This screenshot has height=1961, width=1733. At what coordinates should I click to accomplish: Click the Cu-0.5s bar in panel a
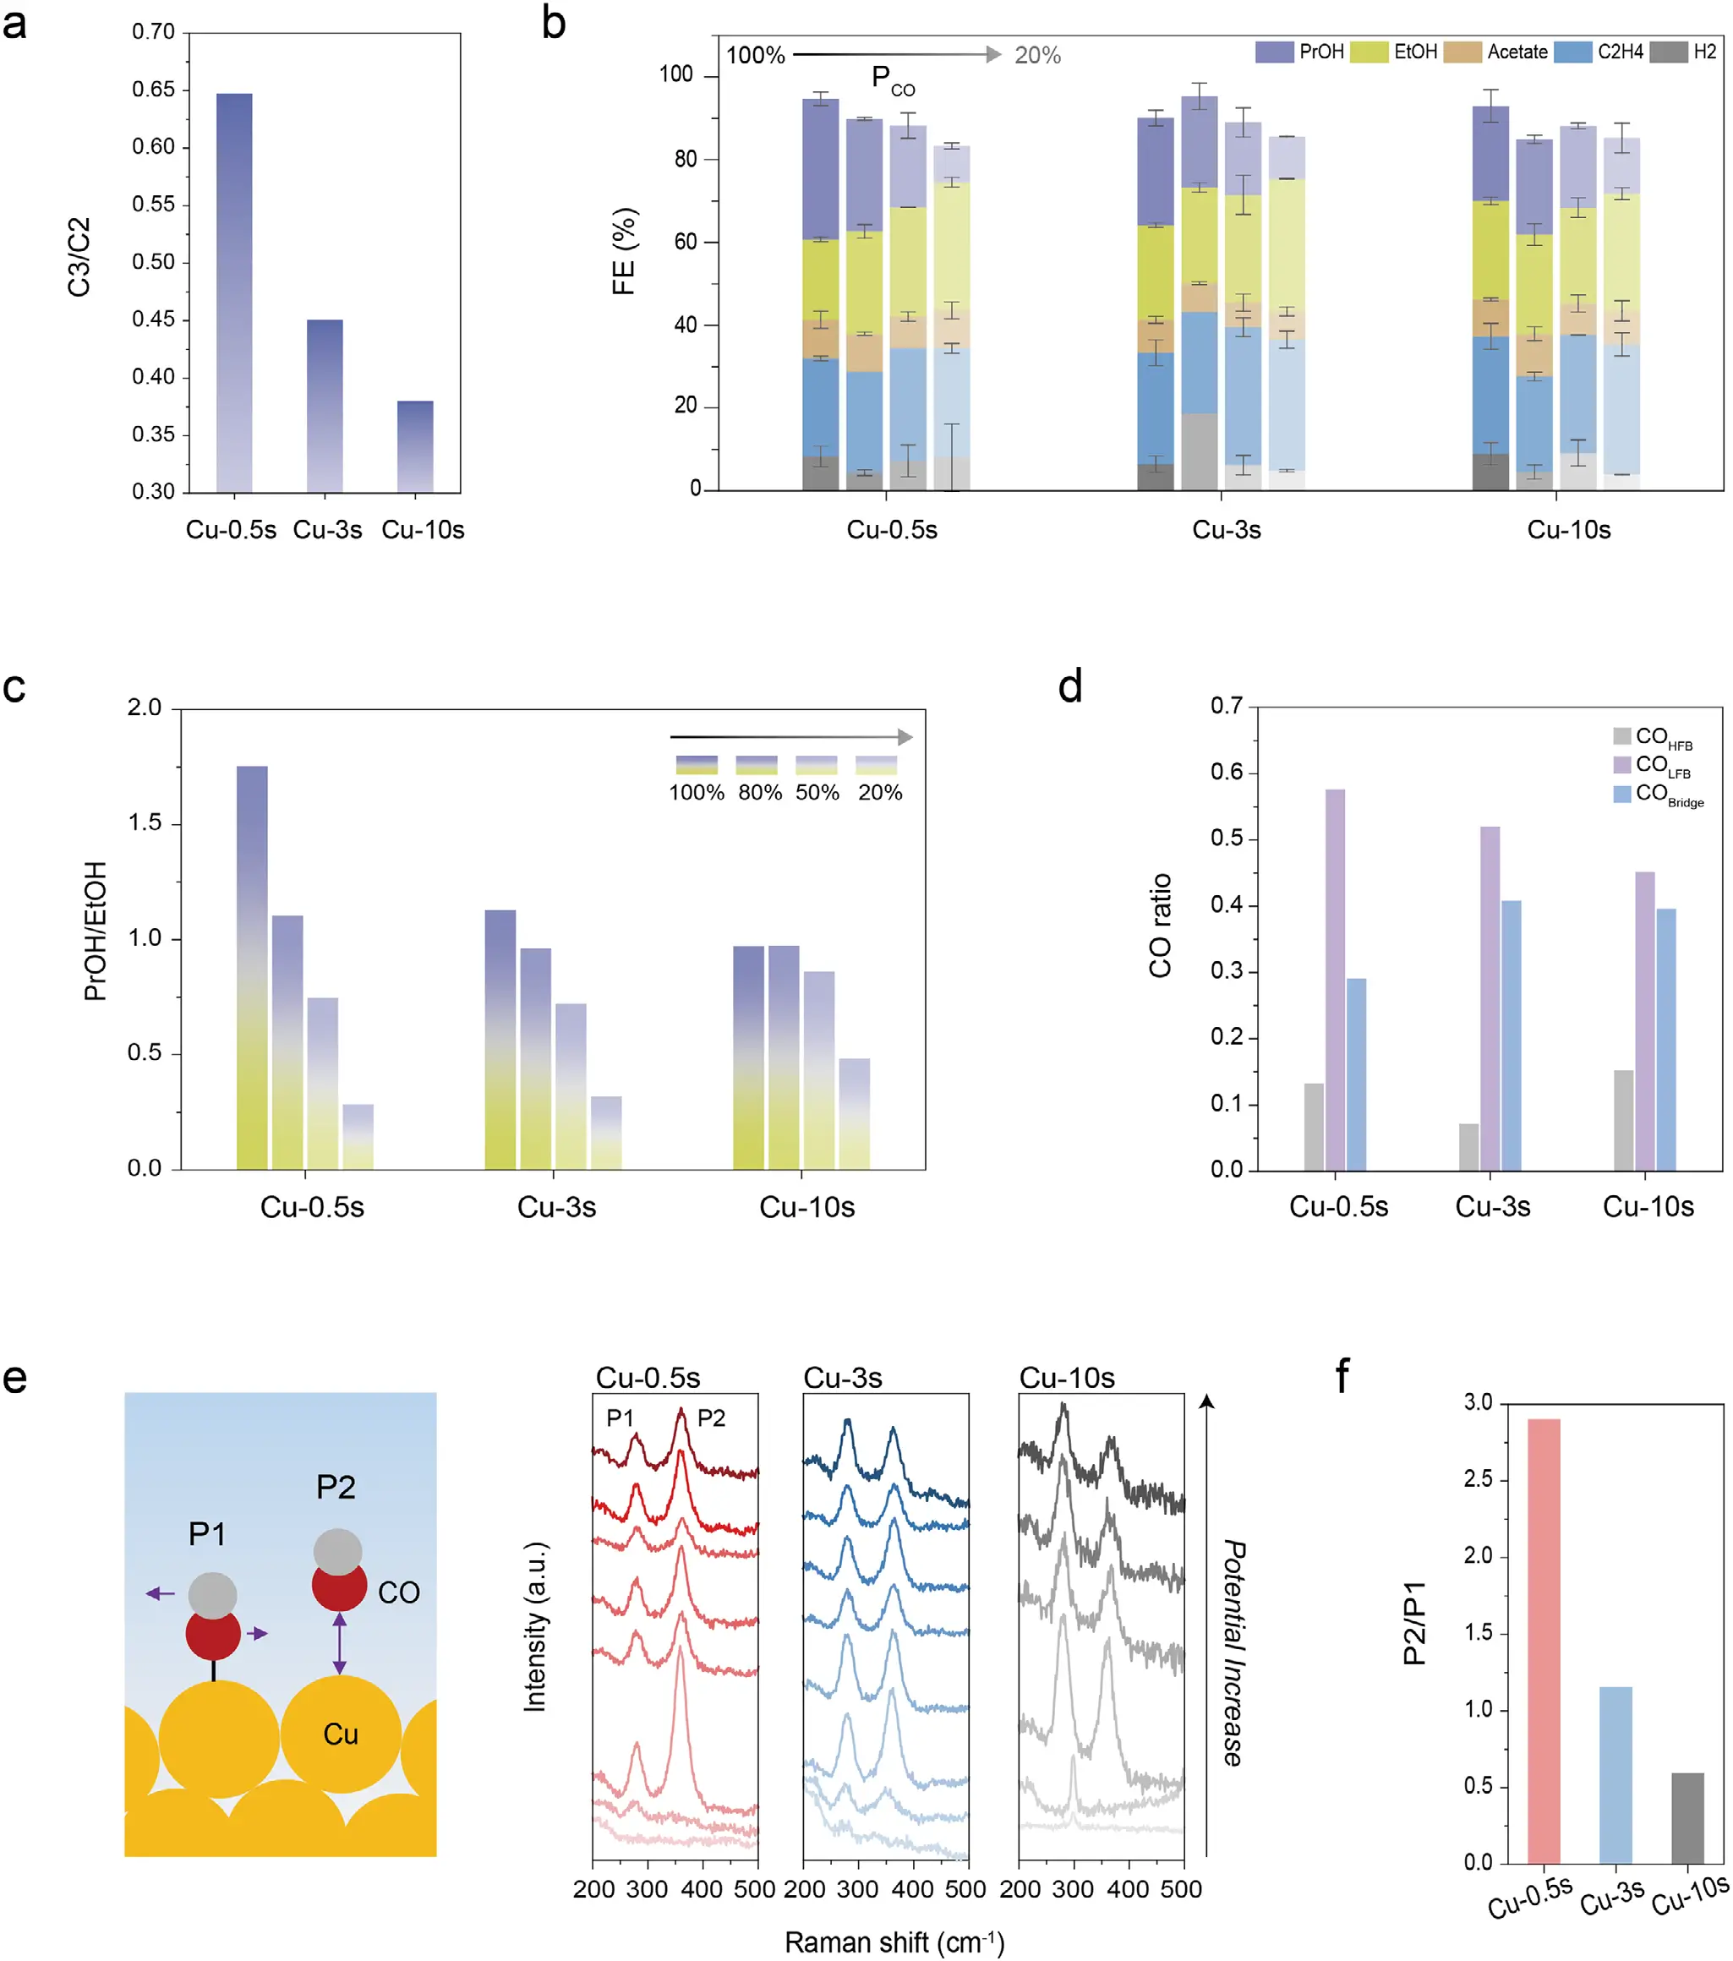click(x=234, y=292)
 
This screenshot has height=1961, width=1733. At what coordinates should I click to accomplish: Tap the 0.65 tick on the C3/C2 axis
click(x=154, y=90)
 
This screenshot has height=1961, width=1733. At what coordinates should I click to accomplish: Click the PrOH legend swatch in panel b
click(x=1273, y=52)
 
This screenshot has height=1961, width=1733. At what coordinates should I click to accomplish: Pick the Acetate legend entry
click(x=1516, y=52)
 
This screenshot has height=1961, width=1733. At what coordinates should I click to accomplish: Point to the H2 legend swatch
click(x=1668, y=52)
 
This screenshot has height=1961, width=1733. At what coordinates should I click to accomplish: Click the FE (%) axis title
click(x=624, y=251)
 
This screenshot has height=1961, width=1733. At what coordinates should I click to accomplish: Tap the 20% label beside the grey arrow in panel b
click(x=1037, y=56)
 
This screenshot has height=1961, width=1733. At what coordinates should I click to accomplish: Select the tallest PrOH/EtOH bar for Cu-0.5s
click(x=253, y=966)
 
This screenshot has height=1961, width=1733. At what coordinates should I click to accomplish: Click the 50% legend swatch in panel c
click(x=816, y=765)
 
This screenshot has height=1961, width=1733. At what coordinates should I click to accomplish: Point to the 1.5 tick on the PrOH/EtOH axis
click(x=145, y=823)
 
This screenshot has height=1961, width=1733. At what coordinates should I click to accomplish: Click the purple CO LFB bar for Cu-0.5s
click(x=1335, y=979)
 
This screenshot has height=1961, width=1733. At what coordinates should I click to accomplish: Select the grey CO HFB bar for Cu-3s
click(x=1468, y=1146)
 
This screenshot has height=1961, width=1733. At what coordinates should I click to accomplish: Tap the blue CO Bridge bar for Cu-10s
click(x=1666, y=1039)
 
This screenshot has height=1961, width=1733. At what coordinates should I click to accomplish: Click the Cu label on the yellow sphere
click(x=341, y=1734)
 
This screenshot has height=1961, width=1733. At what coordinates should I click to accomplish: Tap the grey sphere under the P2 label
click(x=338, y=1551)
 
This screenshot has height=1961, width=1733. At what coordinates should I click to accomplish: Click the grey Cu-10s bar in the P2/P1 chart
click(x=1688, y=1817)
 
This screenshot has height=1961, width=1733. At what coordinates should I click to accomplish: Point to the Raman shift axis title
click(x=894, y=1942)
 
